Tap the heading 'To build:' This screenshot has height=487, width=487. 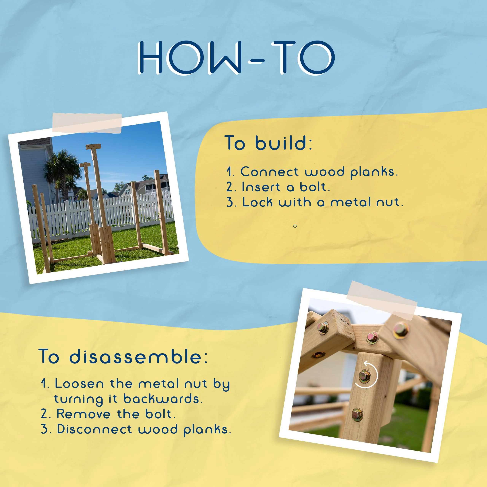point(268,143)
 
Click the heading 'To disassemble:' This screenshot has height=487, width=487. point(123,356)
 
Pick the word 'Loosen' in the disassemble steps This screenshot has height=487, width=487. point(79,384)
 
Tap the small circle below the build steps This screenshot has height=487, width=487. point(295,226)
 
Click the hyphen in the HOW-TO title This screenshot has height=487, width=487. point(256,61)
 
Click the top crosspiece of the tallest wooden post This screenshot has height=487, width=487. point(93,146)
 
